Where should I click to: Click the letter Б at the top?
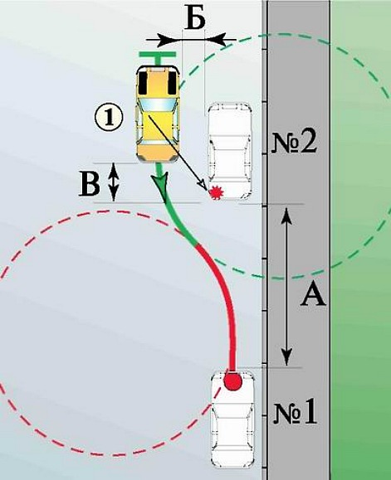pyautogui.click(x=194, y=20)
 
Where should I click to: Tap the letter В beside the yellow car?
pyautogui.click(x=89, y=185)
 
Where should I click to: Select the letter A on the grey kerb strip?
pyautogui.click(x=312, y=294)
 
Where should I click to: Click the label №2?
pyautogui.click(x=294, y=143)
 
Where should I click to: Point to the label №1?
pyautogui.click(x=295, y=414)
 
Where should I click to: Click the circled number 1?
pyautogui.click(x=109, y=119)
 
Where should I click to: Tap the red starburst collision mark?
pyautogui.click(x=217, y=192)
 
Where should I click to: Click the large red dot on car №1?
pyautogui.click(x=232, y=381)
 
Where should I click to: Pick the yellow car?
pyautogui.click(x=158, y=114)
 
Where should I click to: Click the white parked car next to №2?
pyautogui.click(x=230, y=151)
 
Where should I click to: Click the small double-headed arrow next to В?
pyautogui.click(x=114, y=182)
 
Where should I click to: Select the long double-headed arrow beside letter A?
pyautogui.click(x=286, y=286)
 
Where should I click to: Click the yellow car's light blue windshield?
pyautogui.click(x=158, y=104)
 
